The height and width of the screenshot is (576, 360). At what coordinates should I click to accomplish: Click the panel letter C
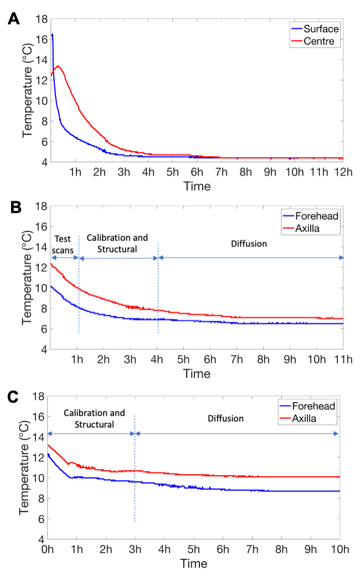(13, 397)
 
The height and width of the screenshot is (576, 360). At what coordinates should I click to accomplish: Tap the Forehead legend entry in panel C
(318, 407)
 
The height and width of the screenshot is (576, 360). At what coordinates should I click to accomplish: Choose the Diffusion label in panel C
(225, 418)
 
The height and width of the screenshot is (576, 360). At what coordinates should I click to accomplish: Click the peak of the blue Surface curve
(52, 34)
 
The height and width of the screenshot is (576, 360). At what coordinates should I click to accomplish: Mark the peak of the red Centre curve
(58, 66)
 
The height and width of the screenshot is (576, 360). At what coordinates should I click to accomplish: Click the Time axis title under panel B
(197, 374)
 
